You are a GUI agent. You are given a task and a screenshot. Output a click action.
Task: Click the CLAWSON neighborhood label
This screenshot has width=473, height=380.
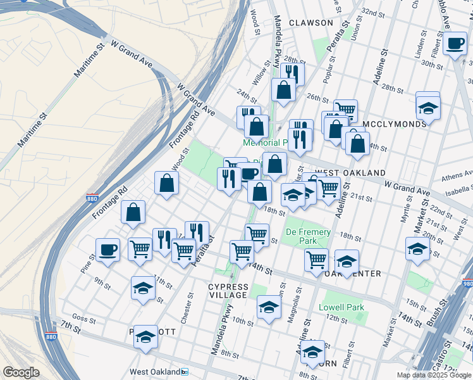310,23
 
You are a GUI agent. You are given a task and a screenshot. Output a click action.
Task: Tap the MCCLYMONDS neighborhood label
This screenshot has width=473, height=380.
395,124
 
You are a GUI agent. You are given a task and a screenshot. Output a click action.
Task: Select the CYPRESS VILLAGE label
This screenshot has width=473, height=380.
228,291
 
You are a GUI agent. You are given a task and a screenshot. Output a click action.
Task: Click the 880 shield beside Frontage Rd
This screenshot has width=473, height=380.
92,198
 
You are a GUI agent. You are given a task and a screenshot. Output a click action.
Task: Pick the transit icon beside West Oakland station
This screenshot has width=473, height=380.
185,372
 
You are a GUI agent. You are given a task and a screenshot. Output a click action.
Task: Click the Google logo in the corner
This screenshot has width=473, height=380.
21,372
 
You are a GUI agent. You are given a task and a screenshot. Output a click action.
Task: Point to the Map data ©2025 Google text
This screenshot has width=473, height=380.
434,375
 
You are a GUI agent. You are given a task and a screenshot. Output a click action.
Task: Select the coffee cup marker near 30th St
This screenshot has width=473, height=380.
455,43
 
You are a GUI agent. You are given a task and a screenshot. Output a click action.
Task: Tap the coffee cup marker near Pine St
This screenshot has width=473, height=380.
107,250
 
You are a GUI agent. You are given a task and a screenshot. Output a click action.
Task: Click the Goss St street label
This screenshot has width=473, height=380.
83,319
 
